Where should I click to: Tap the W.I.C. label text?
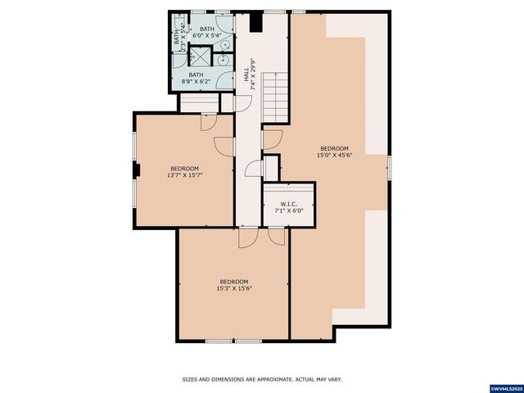[x=287, y=204]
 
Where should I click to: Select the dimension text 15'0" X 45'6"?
[x=334, y=155]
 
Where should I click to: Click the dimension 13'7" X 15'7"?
[x=185, y=174]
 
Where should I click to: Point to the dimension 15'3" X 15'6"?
[x=234, y=288]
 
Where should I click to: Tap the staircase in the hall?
[x=276, y=97]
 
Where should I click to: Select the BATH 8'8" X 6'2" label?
[x=196, y=78]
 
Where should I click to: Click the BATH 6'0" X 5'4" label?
[x=207, y=33]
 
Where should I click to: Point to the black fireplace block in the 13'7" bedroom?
[x=138, y=170]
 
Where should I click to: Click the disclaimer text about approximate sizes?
[x=261, y=379]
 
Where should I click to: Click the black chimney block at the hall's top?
[x=255, y=20]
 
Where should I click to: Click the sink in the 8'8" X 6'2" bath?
[x=223, y=59]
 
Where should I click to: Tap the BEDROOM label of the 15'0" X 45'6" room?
[x=334, y=148]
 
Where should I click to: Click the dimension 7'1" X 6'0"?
[x=287, y=210]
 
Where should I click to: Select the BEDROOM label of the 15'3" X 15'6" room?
[x=234, y=282]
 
